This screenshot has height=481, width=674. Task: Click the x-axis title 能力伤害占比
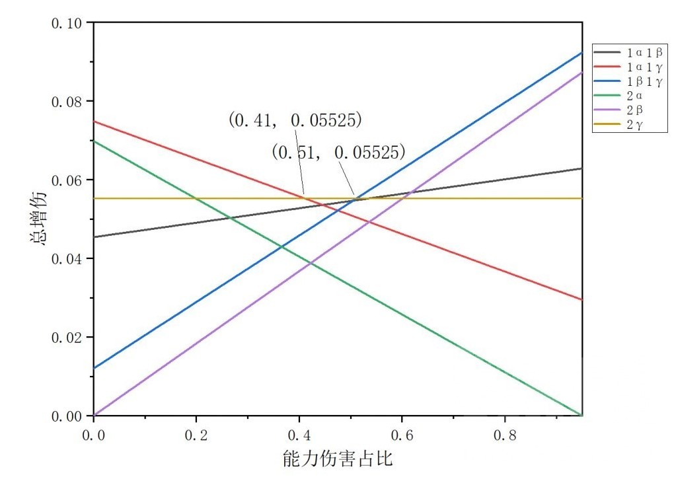coord(338,459)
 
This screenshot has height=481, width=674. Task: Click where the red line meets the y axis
coord(94,122)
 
